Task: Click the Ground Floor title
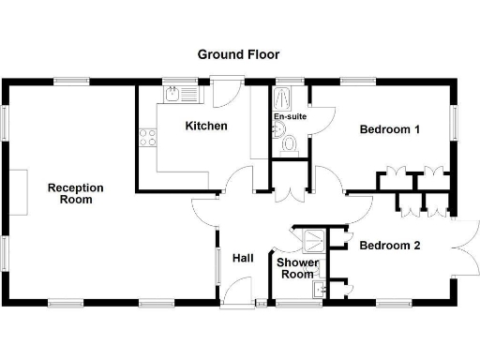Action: tap(238, 54)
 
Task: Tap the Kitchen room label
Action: tap(206, 126)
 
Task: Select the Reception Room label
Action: tap(76, 194)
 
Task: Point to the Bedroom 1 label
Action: tap(390, 130)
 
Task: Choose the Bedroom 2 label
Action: tap(390, 247)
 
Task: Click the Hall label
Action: tap(243, 259)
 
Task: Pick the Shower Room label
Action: tap(297, 268)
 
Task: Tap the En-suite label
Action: tap(290, 116)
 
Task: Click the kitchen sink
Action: tap(175, 97)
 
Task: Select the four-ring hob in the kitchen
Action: tap(148, 139)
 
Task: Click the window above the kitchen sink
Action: tap(173, 82)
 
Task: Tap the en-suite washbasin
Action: tap(278, 128)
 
